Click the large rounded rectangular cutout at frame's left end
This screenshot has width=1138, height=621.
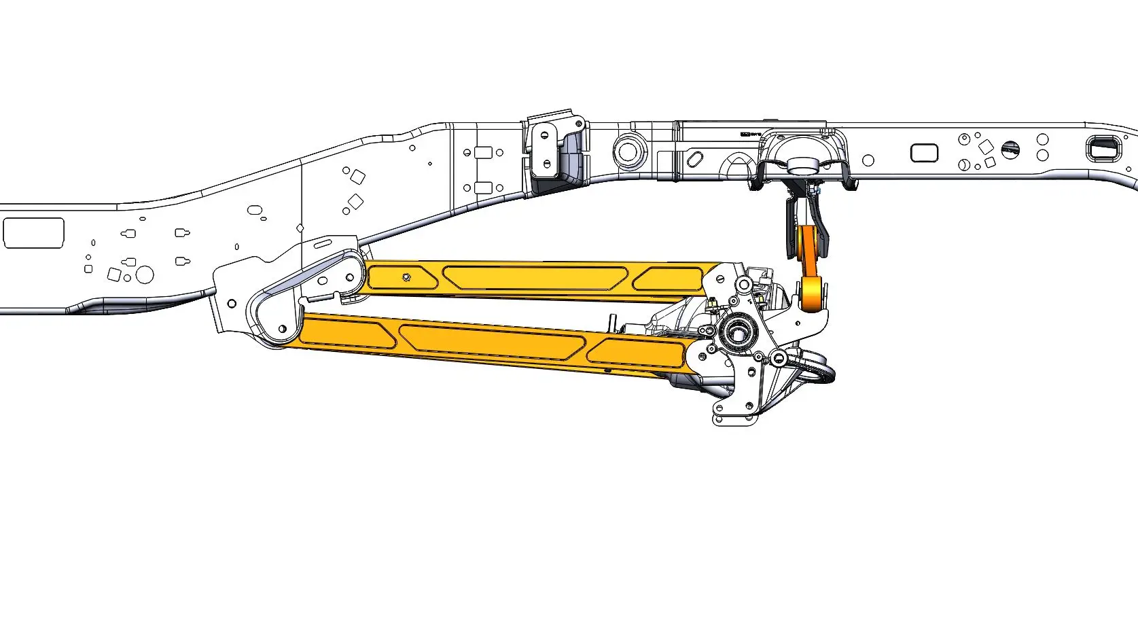(x=33, y=233)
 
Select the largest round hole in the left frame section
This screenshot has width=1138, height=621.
(x=144, y=274)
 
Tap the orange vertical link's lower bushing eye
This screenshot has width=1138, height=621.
(x=811, y=294)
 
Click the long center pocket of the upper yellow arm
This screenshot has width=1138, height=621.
(x=535, y=277)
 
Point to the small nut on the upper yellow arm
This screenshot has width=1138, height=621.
(x=406, y=277)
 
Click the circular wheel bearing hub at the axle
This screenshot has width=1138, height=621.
(x=736, y=333)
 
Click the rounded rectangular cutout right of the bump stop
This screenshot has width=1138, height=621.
(x=923, y=153)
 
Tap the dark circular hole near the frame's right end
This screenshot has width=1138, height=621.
(x=1010, y=149)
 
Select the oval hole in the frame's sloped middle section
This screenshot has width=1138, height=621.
(x=255, y=211)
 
